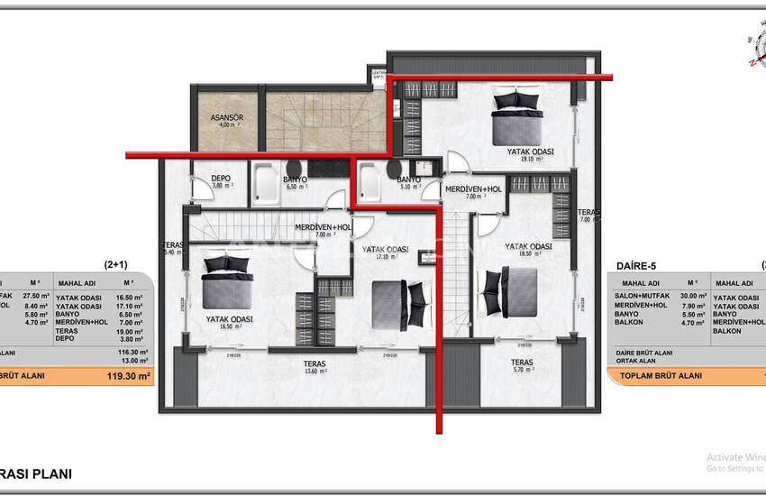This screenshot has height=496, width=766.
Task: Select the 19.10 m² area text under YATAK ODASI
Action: click(531, 159)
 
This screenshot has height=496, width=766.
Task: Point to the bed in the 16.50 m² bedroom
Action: click(224, 281)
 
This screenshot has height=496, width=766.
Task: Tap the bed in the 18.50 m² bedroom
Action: click(509, 292)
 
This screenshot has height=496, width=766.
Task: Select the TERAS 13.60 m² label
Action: click(315, 363)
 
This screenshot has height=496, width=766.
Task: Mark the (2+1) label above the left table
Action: click(116, 266)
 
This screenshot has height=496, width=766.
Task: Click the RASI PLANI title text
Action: click(36, 473)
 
